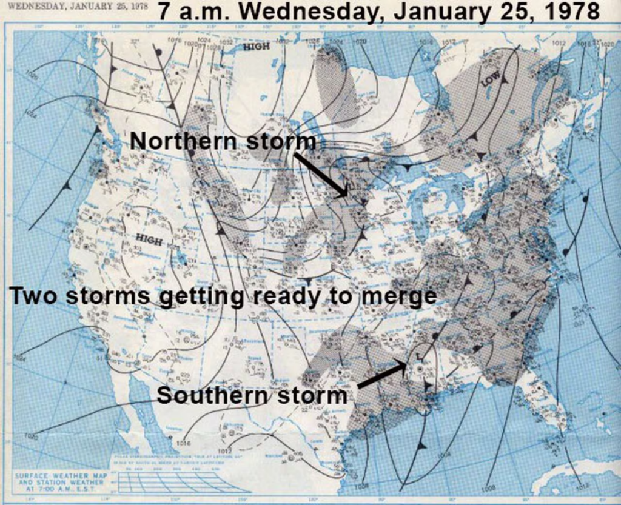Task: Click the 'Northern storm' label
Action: tap(223, 141)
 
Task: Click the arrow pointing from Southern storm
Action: tap(382, 373)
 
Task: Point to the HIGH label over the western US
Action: tap(149, 241)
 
